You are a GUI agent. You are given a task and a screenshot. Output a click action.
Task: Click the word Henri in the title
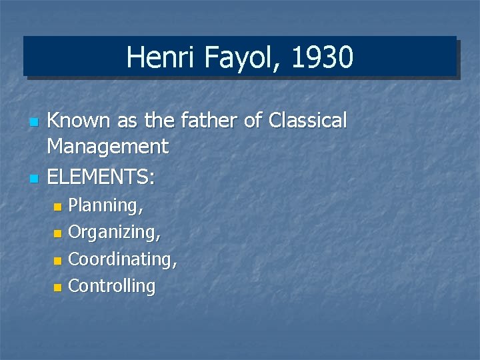(154, 57)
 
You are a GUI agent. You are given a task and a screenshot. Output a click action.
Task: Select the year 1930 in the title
(322, 57)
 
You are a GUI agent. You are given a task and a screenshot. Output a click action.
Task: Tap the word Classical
(307, 121)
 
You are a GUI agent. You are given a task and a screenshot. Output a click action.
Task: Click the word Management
(107, 145)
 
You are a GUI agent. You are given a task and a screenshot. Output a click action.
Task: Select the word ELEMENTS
(101, 177)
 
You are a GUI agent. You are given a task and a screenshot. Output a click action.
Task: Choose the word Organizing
(114, 233)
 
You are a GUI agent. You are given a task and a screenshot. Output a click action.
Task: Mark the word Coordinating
(123, 259)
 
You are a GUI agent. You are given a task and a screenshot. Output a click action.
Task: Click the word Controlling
(111, 286)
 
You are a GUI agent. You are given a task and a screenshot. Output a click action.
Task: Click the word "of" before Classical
(254, 121)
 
